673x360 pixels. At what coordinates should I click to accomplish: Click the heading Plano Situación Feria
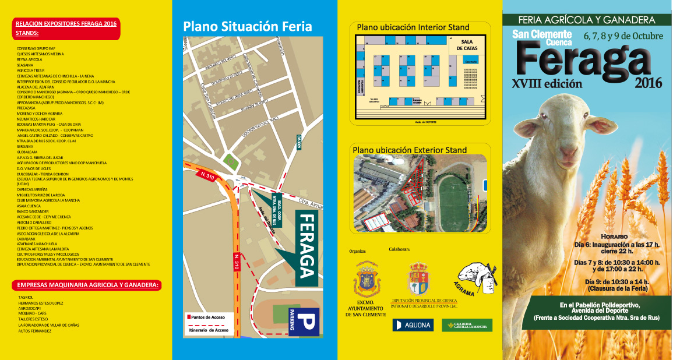[248, 26]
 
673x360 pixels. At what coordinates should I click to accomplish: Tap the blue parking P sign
[306, 322]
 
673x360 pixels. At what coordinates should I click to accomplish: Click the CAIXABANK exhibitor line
[27, 238]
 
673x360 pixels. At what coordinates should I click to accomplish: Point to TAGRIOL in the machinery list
[26, 297]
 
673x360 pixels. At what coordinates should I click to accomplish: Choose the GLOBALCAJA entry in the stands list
[26, 151]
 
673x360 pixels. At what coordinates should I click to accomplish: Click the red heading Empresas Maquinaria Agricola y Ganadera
[87, 285]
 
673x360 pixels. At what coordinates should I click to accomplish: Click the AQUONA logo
[413, 325]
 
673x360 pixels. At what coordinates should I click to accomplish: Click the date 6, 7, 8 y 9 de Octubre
[623, 36]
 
